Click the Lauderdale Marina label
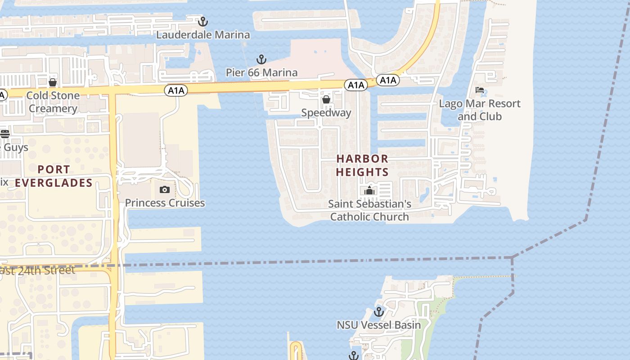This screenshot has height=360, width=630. pos(203,35)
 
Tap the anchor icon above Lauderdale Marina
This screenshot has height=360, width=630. pos(203,21)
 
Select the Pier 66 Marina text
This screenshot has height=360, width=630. pos(261,72)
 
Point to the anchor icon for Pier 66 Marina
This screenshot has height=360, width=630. pos(261,59)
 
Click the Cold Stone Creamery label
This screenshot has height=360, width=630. pos(53,102)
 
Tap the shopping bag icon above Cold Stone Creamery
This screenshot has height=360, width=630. pos(53,82)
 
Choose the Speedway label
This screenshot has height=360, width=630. pos(326,112)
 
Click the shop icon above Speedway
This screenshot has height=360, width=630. pos(326,99)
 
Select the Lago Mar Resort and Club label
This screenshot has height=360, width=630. pos(480,110)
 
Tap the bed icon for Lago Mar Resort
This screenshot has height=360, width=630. pos(480,90)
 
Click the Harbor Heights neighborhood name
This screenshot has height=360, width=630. pos(362,165)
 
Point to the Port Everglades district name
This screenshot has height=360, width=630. pos(54,176)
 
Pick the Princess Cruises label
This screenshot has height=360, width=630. pos(165,203)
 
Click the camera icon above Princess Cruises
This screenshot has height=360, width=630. pos(164,189)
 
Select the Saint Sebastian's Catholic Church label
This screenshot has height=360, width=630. pos(369,210)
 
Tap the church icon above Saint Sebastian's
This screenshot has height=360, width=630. pos(369,190)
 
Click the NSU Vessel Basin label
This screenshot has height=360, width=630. pos(379,325)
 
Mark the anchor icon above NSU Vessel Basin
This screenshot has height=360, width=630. pos(379,311)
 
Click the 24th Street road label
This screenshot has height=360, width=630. pos(38,270)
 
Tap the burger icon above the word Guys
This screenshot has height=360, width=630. pos(5,134)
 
